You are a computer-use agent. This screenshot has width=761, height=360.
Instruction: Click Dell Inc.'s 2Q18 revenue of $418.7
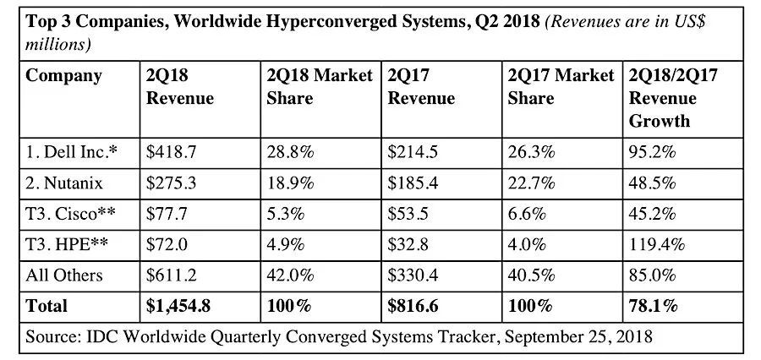coord(171,152)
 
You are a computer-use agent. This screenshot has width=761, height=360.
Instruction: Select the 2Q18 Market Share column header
coord(320,87)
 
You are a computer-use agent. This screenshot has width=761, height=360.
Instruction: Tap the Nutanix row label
coord(64,183)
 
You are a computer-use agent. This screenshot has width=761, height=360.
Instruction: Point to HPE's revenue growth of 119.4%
coord(657,244)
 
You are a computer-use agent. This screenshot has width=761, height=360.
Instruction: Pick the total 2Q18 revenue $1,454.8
coord(178,306)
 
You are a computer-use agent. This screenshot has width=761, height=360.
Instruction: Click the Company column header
coord(63,76)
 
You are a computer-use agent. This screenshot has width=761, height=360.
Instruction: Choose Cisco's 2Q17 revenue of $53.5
coord(408,214)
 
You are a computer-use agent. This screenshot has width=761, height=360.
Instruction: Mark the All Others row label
coord(64,275)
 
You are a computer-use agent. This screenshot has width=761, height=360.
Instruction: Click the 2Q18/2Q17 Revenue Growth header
coord(673,98)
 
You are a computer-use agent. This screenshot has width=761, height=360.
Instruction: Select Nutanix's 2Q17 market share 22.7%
coord(532,183)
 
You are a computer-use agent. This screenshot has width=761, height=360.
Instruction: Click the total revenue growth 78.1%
coord(653,306)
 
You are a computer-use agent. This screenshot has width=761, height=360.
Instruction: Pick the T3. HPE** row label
coord(65,244)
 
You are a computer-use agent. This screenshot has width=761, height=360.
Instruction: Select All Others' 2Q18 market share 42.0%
coord(290,275)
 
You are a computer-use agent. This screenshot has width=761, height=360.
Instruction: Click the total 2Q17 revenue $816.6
coord(413,306)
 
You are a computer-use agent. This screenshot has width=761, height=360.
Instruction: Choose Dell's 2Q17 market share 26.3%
coord(532,152)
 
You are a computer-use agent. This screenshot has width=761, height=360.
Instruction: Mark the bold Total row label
coord(47,306)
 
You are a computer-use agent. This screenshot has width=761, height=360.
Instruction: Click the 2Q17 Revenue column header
coord(421,87)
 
